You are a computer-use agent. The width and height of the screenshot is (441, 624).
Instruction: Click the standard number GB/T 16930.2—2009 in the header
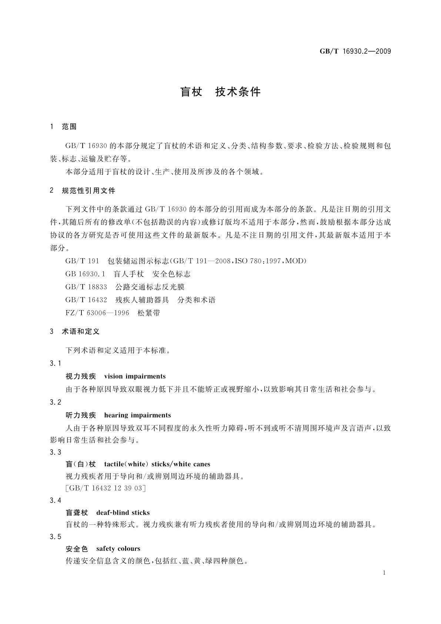355,52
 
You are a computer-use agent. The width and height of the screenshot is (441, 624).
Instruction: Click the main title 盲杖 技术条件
220,92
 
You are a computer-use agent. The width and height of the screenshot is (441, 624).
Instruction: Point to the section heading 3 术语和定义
75,332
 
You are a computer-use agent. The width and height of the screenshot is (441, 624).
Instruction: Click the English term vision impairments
135,376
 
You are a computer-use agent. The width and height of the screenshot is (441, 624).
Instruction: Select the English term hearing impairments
137,415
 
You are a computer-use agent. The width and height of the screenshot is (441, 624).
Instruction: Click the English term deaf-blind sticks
123,513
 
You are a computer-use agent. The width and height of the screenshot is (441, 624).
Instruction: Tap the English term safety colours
118,548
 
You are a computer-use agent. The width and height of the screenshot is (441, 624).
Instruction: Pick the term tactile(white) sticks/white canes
157,464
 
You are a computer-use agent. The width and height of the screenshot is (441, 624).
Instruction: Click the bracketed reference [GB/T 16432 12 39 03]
105,488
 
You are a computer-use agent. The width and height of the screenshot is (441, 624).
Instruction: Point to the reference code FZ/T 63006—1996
97,313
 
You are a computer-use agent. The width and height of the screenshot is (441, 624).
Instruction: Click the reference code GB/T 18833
86,287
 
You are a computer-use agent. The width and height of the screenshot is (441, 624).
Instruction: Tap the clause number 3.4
56,501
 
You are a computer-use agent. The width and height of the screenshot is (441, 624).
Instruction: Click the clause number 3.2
56,402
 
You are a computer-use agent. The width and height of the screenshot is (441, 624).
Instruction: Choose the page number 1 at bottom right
384,573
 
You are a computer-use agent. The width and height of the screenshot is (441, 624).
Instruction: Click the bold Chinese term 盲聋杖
77,513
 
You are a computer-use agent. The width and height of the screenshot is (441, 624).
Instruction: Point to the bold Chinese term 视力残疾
80,376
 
